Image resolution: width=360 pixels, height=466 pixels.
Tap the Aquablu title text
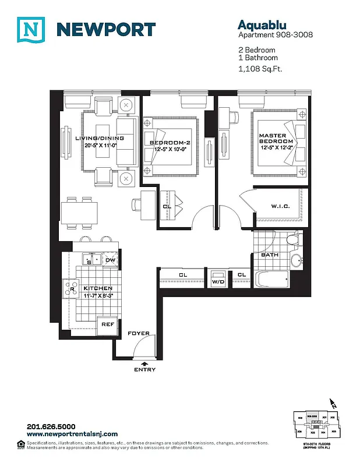coord(260,24)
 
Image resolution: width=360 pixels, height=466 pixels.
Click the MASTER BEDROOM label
coord(276,139)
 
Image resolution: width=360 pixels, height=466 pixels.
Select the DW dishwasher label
coord(110,260)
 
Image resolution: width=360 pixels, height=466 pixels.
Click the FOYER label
coord(139,334)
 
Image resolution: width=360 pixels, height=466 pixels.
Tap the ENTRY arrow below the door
coord(144,363)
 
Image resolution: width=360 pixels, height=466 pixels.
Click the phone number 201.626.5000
coord(51,426)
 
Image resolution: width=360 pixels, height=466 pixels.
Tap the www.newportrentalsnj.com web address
coord(72,434)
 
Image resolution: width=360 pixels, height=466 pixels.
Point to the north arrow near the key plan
coord(333,403)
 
